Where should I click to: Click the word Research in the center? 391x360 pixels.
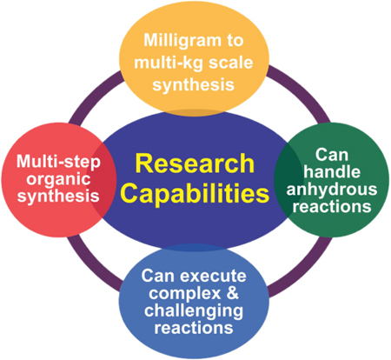pos(195,163)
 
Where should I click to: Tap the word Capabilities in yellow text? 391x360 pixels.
pos(195,193)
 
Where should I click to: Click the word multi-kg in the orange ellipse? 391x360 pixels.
pos(169,63)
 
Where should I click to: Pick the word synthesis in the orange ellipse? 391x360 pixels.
pos(193,85)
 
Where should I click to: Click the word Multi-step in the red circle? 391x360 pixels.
pos(58,162)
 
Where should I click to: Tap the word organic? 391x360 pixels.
pos(58,179)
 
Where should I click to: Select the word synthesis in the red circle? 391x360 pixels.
pos(58,196)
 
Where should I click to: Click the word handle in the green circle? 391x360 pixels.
pos(332,171)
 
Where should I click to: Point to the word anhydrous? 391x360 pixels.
pos(332,189)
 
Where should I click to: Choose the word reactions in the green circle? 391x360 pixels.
pos(332,206)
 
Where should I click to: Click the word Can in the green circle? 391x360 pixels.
pos(332,155)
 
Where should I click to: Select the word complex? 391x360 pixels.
pos(185,293)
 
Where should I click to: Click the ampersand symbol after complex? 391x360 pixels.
pos(233,292)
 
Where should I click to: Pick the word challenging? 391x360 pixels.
pos(194,310)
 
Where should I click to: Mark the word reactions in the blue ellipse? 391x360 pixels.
pos(194,328)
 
